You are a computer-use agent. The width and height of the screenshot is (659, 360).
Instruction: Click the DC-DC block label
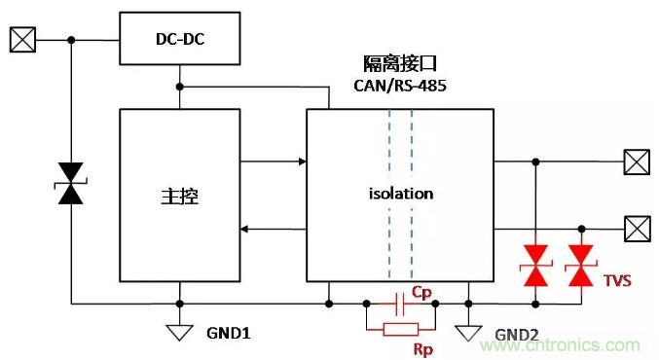[180, 39]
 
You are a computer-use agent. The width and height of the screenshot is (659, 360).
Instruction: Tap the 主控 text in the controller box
[180, 197]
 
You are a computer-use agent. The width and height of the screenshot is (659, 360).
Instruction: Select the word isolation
[401, 194]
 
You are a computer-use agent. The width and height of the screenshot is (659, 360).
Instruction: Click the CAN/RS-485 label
[400, 86]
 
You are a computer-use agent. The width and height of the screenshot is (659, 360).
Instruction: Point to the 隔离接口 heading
[400, 64]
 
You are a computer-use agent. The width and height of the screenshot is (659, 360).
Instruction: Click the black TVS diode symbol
[71, 184]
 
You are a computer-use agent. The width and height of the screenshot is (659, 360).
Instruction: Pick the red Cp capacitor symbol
[400, 304]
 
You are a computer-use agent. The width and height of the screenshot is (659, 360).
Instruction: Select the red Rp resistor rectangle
[401, 329]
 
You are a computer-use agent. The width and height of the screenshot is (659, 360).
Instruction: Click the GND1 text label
[228, 333]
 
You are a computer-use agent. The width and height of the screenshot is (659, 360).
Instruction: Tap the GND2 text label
[517, 335]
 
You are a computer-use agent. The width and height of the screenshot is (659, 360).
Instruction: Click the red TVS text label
[617, 280]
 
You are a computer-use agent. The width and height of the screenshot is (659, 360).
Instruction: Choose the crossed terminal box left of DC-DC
[22, 40]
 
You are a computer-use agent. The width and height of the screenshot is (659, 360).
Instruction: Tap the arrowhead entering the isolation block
[303, 162]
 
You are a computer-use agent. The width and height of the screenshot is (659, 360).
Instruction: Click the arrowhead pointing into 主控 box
[244, 230]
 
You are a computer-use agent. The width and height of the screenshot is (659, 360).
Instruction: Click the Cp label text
[421, 292]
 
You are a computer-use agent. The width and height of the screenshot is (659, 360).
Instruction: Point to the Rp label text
[422, 349]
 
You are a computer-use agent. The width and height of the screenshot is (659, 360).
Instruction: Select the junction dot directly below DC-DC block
[180, 87]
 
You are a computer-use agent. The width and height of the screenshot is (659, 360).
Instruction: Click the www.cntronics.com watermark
[561, 345]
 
